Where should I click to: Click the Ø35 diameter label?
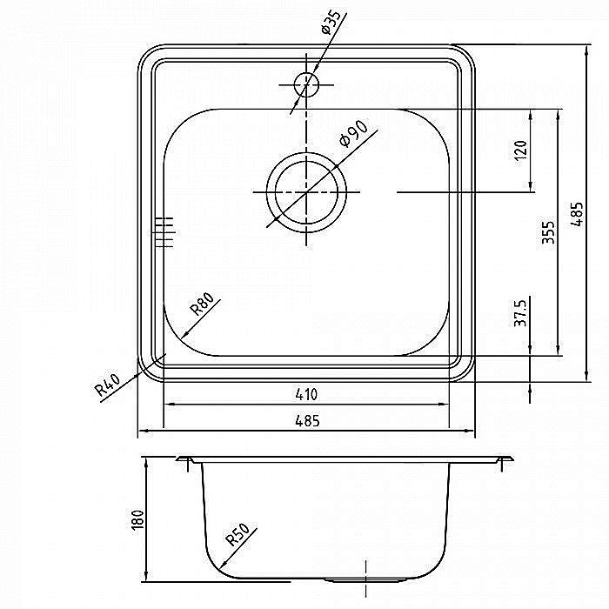[x=331, y=23]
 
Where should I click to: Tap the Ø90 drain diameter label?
[x=353, y=134]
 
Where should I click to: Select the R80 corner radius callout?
[x=202, y=304]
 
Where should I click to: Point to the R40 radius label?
[x=108, y=385]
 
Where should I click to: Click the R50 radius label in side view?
[x=238, y=535]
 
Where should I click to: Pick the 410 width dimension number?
[x=306, y=395]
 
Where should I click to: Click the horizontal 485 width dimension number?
[x=307, y=420]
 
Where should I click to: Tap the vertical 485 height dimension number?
[x=577, y=214]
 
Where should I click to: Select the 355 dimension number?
[x=548, y=232]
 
